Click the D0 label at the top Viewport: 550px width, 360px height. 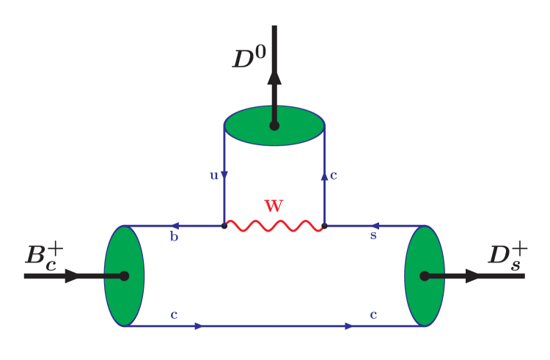[x=249, y=58]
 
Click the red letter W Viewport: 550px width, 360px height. [x=274, y=206]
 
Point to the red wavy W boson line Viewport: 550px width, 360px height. [x=274, y=226]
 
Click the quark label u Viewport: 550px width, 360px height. [x=213, y=175]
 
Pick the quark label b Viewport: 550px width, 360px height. [x=175, y=237]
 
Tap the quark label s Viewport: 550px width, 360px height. [x=373, y=236]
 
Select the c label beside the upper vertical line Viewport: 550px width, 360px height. [x=334, y=175]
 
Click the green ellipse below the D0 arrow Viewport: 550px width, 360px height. [x=249, y=126]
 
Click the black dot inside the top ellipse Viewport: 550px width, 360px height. [x=274, y=125]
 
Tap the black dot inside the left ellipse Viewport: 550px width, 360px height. [x=124, y=276]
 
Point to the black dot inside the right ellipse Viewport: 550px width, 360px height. [x=425, y=276]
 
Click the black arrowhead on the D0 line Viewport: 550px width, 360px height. [x=274, y=77]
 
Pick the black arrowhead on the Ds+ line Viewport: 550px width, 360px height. [x=474, y=276]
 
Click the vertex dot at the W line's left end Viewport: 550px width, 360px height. [x=224, y=226]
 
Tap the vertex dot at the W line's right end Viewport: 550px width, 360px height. [x=324, y=226]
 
